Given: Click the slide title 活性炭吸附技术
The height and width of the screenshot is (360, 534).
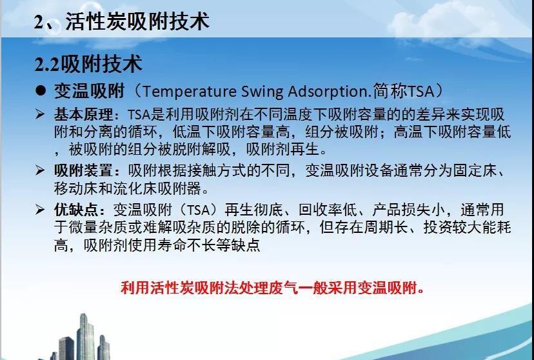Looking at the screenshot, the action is [x=137, y=21].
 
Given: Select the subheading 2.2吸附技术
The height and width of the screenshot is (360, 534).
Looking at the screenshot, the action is [x=88, y=63].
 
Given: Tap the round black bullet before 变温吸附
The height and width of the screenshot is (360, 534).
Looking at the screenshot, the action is [x=41, y=90].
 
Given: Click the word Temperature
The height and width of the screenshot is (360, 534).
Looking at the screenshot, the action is [x=189, y=91].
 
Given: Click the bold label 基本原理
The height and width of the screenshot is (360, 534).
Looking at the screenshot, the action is [x=83, y=114].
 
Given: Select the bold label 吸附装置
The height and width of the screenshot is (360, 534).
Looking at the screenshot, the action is [x=83, y=170].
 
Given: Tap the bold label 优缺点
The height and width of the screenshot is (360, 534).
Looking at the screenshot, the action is [x=76, y=210].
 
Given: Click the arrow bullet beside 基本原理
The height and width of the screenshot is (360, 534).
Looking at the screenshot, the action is [x=40, y=114].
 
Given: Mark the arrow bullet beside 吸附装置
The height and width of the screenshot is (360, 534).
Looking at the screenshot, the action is [x=40, y=170].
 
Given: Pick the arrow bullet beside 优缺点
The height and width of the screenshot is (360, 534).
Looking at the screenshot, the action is [x=40, y=210].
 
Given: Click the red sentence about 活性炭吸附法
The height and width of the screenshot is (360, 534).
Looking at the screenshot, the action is [x=272, y=288].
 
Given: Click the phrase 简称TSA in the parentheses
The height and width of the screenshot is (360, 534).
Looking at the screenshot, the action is [x=404, y=91].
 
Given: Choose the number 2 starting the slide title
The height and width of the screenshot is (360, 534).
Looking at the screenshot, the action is [x=39, y=22].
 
